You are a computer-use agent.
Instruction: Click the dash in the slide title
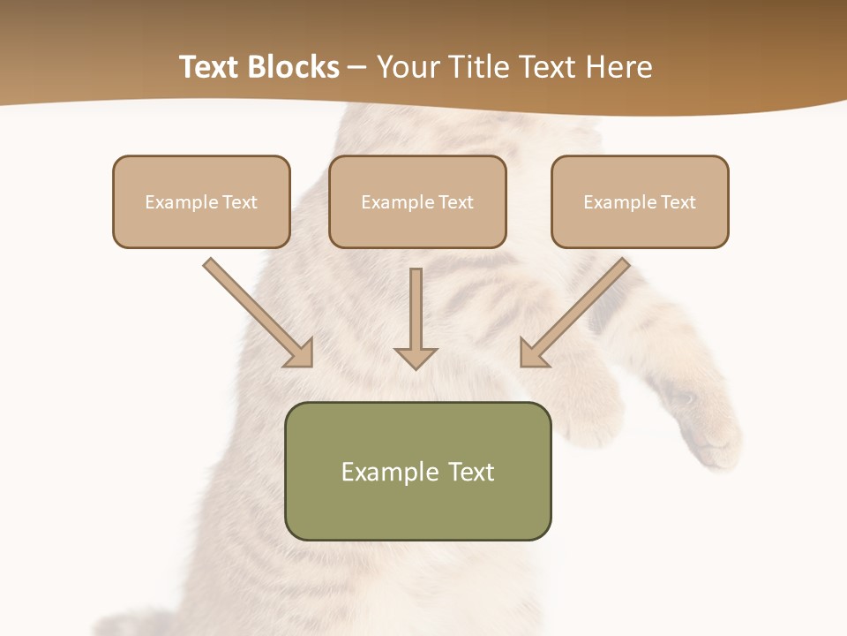click(x=357, y=68)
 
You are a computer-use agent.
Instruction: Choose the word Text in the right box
click(x=678, y=202)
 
